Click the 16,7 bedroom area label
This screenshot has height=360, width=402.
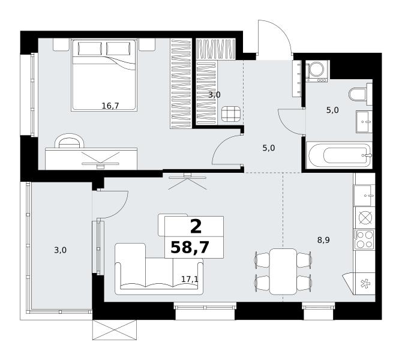click(110, 106)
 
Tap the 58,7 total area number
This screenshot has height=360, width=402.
click(190, 248)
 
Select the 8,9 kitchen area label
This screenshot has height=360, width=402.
click(323, 240)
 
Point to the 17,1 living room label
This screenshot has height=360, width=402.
click(190, 279)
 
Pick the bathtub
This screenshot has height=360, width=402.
click(340, 155)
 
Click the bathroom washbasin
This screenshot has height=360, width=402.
click(364, 122)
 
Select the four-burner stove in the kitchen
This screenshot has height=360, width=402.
click(364, 239)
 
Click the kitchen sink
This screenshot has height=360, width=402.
click(364, 196)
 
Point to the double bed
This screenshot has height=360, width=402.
click(104, 75)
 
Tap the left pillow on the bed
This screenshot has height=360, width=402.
click(90, 49)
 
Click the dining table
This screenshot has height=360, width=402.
click(283, 271)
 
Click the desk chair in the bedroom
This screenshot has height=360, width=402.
click(70, 141)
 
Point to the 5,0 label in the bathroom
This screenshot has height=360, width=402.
click(332, 110)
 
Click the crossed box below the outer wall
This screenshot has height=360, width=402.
click(115, 330)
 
